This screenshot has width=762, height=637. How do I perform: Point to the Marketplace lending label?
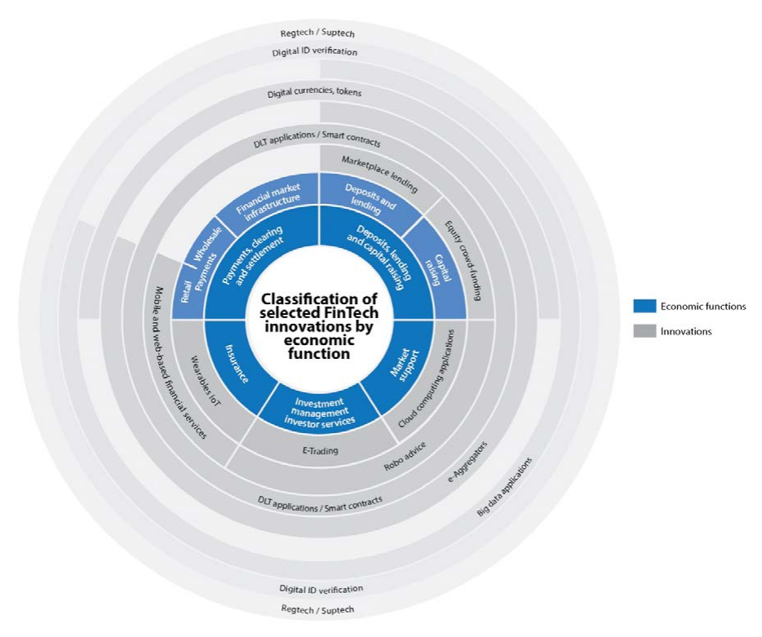pyautogui.click(x=378, y=175)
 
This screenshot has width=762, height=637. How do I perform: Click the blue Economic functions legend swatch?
pyautogui.click(x=645, y=307)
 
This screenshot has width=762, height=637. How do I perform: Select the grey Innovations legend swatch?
pyautogui.click(x=645, y=331)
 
